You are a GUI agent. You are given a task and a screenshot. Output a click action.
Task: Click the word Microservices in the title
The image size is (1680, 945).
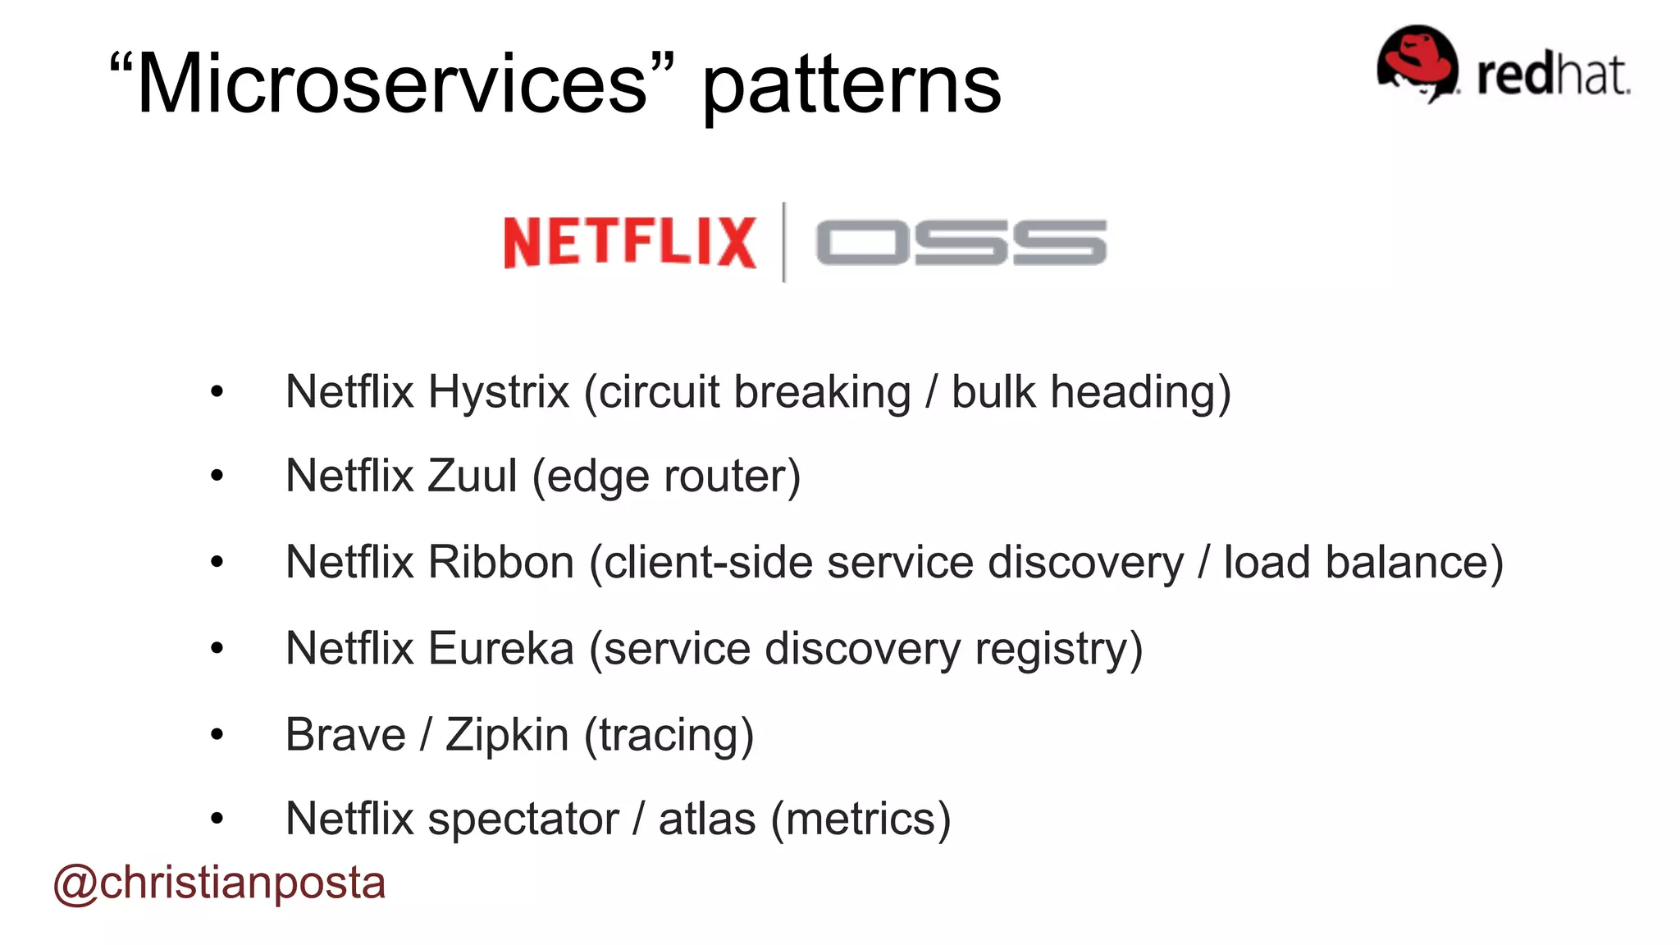click(x=392, y=84)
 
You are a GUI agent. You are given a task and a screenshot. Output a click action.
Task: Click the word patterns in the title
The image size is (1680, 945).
click(x=851, y=85)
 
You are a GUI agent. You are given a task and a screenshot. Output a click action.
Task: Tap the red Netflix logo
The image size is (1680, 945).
click(x=629, y=242)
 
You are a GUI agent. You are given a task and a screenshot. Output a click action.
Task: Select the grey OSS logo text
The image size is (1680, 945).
click(x=961, y=243)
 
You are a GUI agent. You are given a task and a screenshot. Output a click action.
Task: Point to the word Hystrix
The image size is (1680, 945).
click(x=498, y=391)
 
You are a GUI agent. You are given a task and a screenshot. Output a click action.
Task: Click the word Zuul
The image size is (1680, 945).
click(x=472, y=476)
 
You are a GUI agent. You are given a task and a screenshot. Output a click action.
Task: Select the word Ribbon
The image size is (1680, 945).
click(x=500, y=562)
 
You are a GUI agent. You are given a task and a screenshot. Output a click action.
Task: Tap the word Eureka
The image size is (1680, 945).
click(x=500, y=648)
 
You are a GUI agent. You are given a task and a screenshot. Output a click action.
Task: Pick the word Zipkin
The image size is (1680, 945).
click(x=507, y=734)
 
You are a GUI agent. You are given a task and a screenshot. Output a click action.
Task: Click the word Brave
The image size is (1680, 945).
click(x=345, y=734)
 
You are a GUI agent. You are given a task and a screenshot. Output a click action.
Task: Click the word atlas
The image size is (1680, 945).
click(x=706, y=819)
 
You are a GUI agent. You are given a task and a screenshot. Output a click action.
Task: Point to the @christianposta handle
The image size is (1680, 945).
click(x=219, y=883)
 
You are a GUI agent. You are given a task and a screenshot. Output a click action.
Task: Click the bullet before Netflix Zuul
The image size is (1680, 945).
click(x=217, y=476)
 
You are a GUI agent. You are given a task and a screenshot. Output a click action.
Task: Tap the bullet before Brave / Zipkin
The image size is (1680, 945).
click(x=217, y=734)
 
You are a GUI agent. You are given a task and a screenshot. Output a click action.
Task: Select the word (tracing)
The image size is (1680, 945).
click(x=669, y=735)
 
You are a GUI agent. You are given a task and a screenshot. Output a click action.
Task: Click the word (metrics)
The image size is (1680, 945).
click(x=861, y=819)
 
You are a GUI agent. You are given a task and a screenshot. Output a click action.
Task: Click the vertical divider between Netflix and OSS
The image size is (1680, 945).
click(x=784, y=242)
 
